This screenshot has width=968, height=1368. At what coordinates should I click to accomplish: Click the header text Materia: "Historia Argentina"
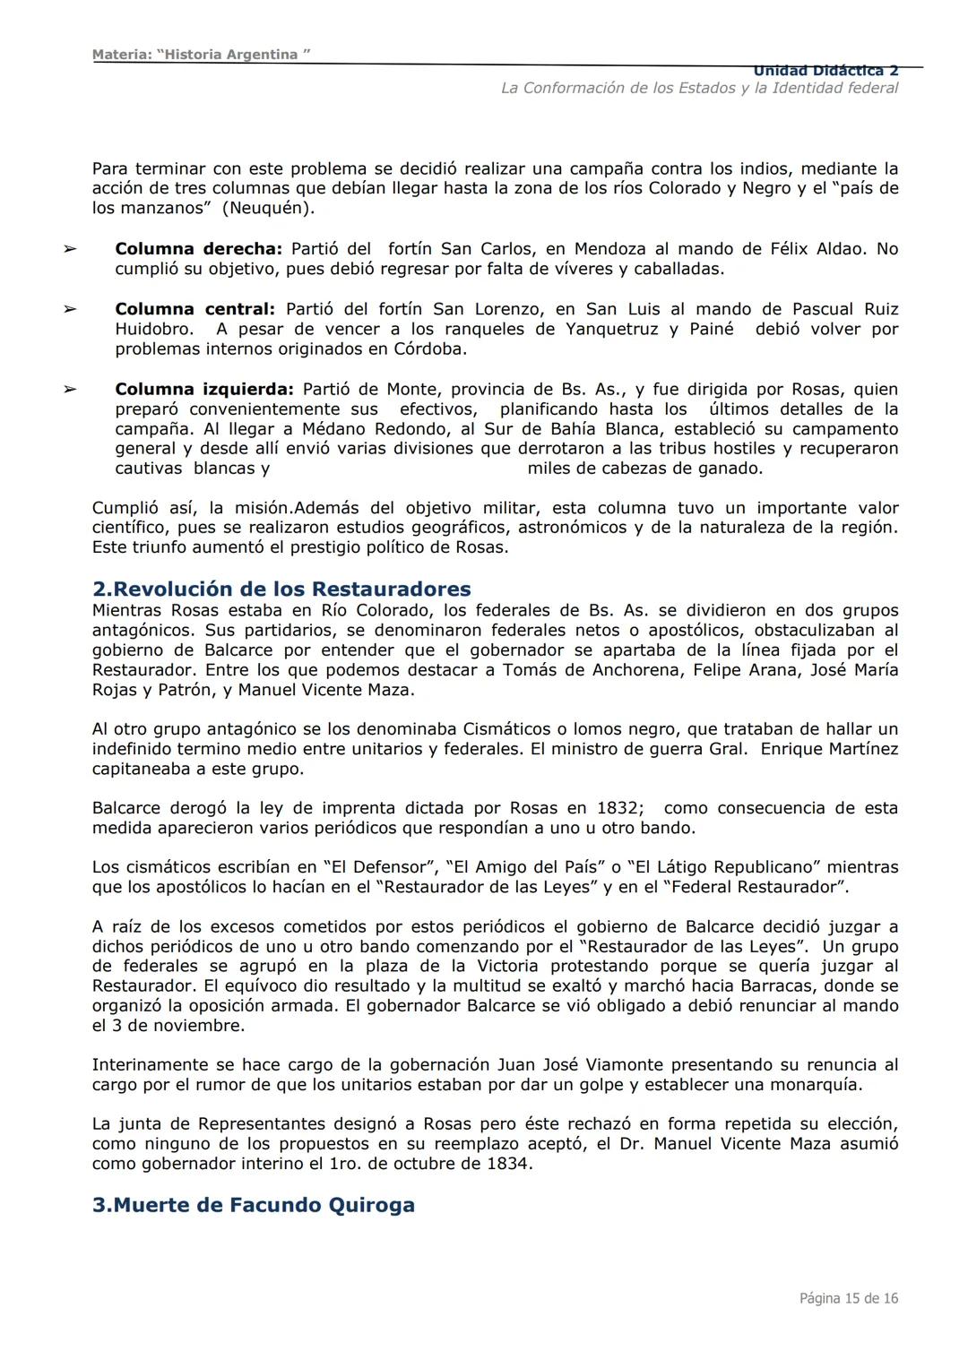201,55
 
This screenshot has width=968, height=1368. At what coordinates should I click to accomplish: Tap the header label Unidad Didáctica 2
825,71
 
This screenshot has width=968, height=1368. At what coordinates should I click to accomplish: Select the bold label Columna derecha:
198,249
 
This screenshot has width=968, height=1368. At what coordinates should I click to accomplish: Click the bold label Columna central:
194,309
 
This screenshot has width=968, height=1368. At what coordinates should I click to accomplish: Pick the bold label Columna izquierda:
203,390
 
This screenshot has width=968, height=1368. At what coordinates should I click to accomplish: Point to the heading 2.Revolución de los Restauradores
281,589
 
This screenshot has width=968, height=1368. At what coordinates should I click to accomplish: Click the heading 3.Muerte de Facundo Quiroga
254,1205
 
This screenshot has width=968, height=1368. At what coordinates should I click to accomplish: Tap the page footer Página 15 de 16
848,1298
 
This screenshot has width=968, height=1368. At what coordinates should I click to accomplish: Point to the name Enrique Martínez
828,749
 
